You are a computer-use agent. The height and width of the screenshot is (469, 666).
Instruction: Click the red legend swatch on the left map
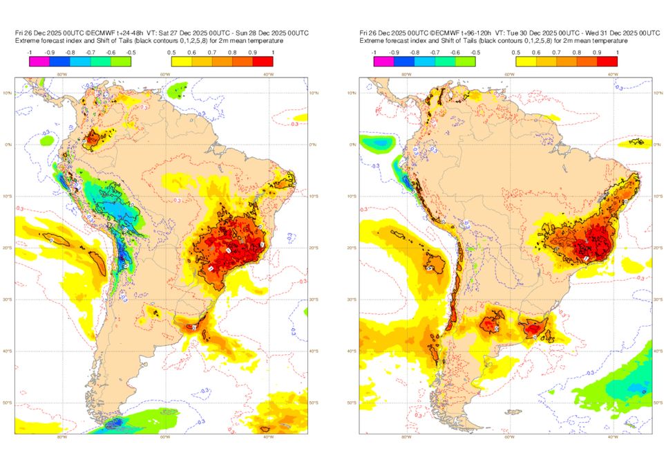pyautogui.click(x=263, y=62)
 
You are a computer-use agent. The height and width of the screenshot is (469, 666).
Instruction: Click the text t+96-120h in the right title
pyautogui.click(x=474, y=33)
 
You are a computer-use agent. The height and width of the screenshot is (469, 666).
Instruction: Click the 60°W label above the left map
pyautogui.click(x=165, y=74)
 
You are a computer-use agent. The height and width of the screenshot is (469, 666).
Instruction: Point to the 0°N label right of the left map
pyautogui.click(x=313, y=145)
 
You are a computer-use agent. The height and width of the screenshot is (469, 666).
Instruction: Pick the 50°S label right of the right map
pyautogui.click(x=658, y=403)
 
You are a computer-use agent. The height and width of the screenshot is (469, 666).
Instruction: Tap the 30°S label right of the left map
pyautogui.click(x=314, y=300)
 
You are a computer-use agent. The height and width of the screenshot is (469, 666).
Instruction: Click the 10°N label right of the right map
pyautogui.click(x=658, y=93)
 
